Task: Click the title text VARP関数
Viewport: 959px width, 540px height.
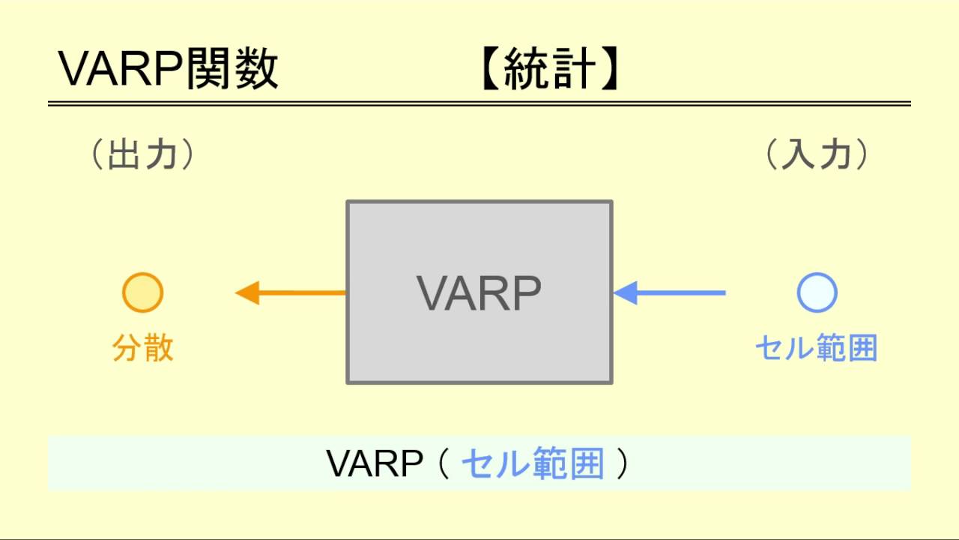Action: [x=168, y=70]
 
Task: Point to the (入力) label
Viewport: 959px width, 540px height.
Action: [x=817, y=156]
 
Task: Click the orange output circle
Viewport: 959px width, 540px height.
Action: [x=142, y=292]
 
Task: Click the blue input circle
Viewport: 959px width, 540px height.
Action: [x=817, y=292]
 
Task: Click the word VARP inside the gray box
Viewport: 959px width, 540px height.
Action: [x=479, y=293]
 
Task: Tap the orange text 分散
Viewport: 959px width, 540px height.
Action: [x=142, y=349]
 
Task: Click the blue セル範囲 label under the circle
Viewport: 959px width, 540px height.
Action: [x=816, y=349]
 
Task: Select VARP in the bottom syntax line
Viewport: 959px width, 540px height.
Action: [x=375, y=464]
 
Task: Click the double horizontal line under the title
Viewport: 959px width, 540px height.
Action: [x=479, y=103]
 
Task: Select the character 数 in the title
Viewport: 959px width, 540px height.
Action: [x=257, y=70]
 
